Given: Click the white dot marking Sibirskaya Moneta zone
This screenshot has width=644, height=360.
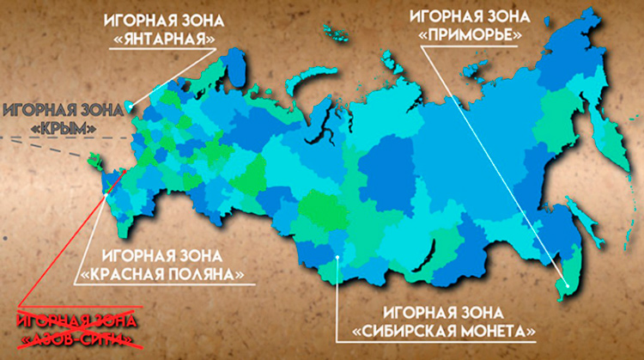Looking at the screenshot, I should click(x=339, y=255).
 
